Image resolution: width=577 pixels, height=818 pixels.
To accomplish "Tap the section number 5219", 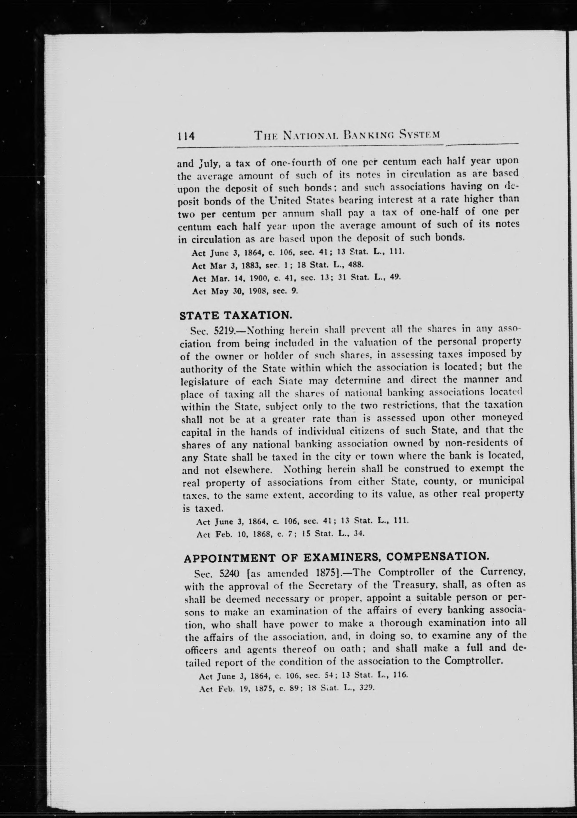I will tap(223, 330).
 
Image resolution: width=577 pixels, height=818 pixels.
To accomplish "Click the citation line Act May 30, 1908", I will tap(244, 291).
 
